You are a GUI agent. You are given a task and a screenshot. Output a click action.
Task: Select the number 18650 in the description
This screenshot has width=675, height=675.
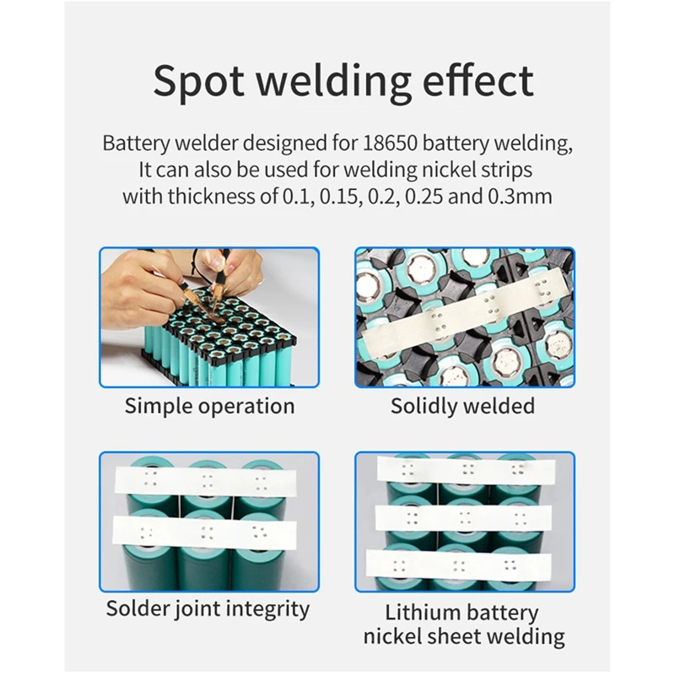pos(396,142)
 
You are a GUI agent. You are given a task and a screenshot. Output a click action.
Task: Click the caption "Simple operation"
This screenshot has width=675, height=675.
pos(210,406)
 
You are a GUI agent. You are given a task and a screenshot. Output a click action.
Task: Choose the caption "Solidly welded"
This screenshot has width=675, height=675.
pos(462,406)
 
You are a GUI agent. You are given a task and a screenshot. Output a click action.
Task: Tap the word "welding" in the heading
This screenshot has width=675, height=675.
pos(341,81)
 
